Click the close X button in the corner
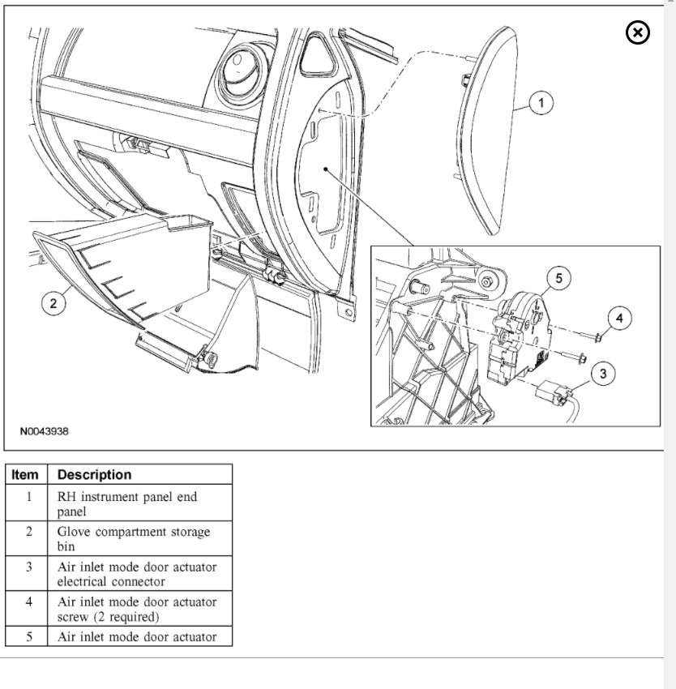coord(638,32)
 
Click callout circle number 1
coord(541,103)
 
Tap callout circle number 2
coord(53,303)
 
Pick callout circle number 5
coord(558,279)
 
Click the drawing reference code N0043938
coord(45,431)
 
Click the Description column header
coord(94,475)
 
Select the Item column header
coord(28,475)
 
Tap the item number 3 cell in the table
coord(28,567)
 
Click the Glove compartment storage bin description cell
coord(133,539)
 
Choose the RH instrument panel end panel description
coord(126,503)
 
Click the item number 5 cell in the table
coord(28,637)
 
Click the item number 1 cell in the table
coord(28,497)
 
